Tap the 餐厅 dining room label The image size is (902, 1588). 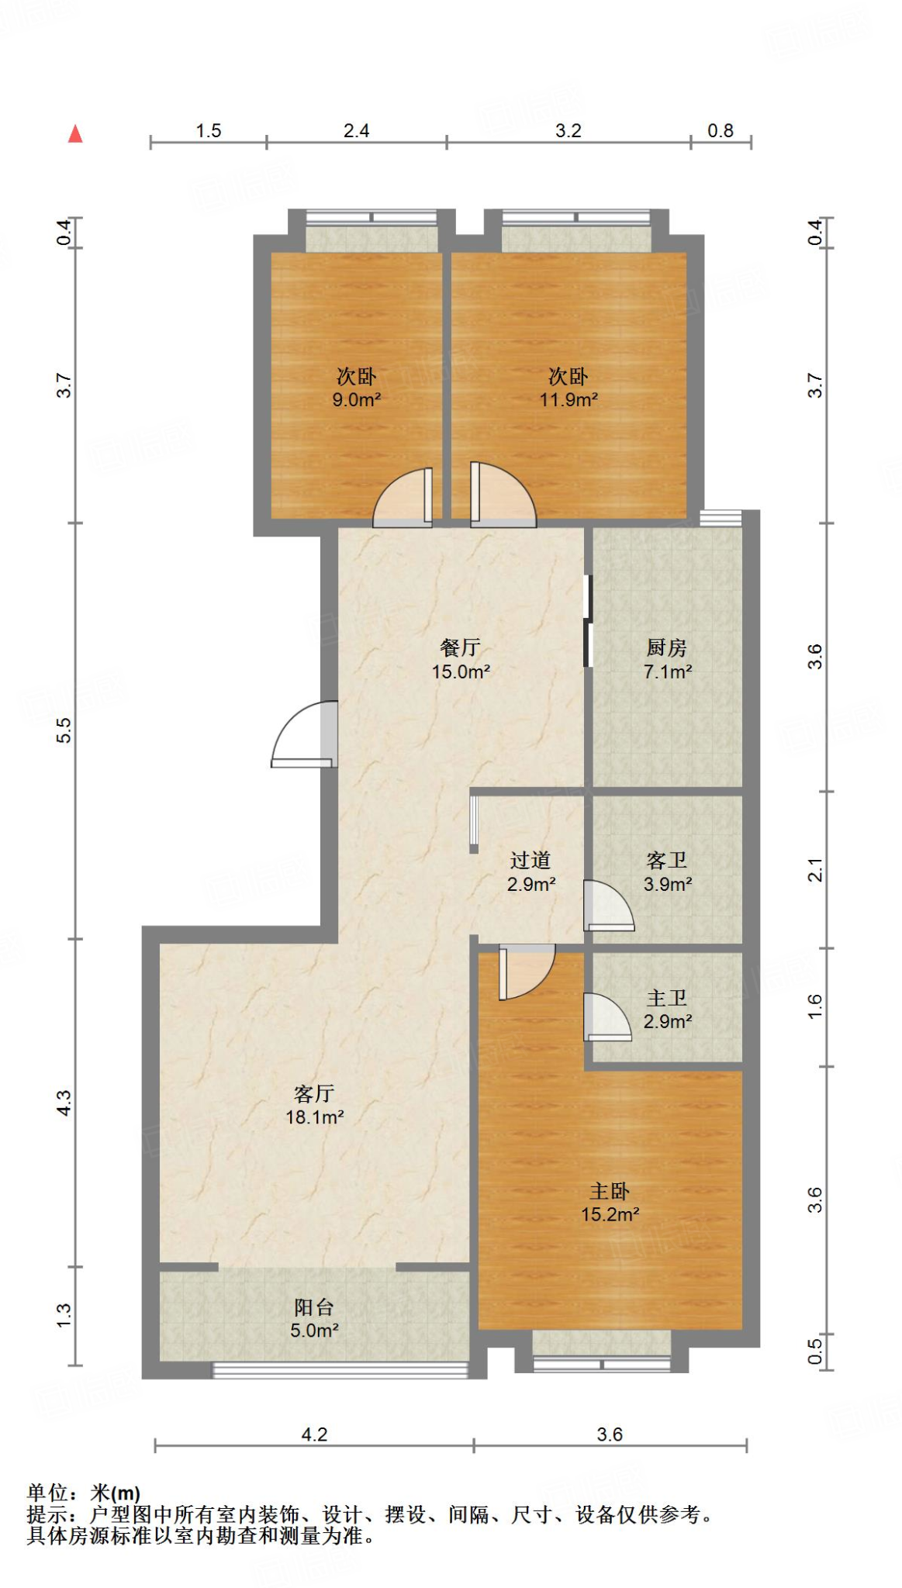pos(461,647)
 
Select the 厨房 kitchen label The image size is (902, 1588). pos(667,647)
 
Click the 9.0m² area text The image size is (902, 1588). pos(357,400)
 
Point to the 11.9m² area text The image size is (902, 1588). pos(569,400)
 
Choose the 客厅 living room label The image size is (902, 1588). pos(314,1093)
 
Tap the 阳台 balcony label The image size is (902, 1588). pos(314,1307)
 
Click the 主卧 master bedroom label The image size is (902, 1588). pos(610,1191)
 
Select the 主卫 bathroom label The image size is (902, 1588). pos(667,998)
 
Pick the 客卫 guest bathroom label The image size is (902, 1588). pos(667,860)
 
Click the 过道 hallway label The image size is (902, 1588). pos(530,860)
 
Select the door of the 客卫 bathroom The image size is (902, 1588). pos(609,906)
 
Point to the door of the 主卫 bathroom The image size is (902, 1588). pos(608,1017)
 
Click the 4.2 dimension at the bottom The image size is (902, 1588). pos(314,1434)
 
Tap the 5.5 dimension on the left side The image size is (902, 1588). pos(64,730)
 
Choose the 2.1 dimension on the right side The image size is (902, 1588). pos(814,870)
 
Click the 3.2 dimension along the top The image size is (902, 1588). pos(569,130)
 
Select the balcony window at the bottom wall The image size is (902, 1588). pos(340,1371)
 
